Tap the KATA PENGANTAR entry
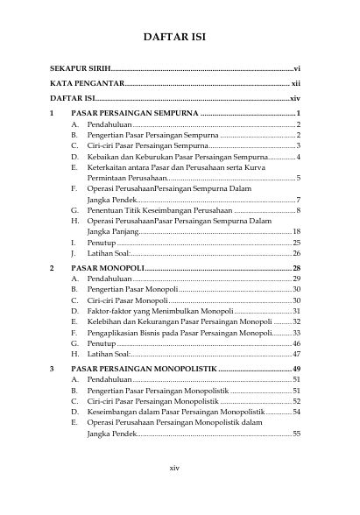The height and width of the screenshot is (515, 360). coord(85,83)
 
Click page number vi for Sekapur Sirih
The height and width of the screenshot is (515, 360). coord(297,67)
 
